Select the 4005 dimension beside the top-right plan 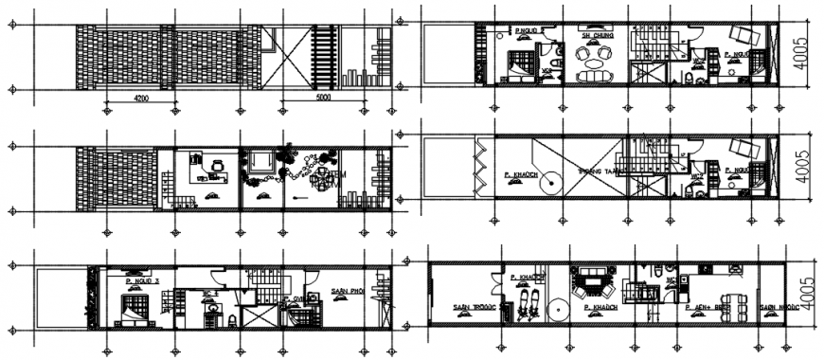pyautogui.click(x=801, y=56)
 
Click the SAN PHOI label pyautogui.click(x=348, y=291)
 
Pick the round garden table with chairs pyautogui.click(x=320, y=177)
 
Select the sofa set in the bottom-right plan pyautogui.click(x=595, y=280)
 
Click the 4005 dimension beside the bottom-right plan pyautogui.click(x=801, y=293)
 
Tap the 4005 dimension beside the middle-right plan pyautogui.click(x=801, y=171)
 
